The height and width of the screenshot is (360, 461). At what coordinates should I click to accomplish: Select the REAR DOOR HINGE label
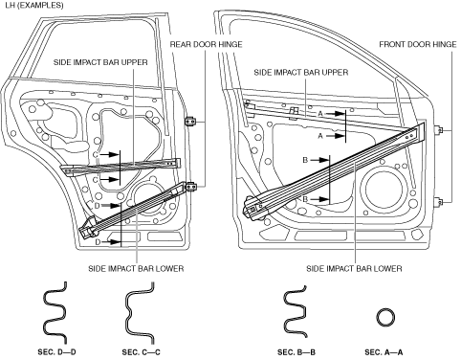[x=206, y=44]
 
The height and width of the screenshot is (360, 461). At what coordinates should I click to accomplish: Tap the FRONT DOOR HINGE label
[x=418, y=44]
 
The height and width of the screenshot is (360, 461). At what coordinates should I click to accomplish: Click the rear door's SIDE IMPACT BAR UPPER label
[x=100, y=62]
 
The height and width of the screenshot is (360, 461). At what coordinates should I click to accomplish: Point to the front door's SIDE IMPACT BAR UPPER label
[x=301, y=73]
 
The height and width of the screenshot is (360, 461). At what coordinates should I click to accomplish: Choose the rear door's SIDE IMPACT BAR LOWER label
[x=136, y=268]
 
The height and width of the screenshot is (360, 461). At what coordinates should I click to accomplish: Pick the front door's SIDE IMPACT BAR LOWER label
[x=354, y=268]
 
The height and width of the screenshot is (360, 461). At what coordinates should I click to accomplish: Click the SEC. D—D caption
[x=56, y=352]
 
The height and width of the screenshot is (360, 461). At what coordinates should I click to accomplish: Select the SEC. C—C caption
[x=141, y=352]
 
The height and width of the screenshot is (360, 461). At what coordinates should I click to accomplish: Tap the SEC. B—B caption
[x=296, y=352]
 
